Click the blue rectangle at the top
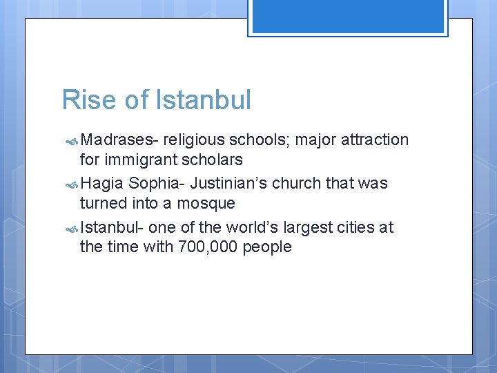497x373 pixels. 348,15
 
